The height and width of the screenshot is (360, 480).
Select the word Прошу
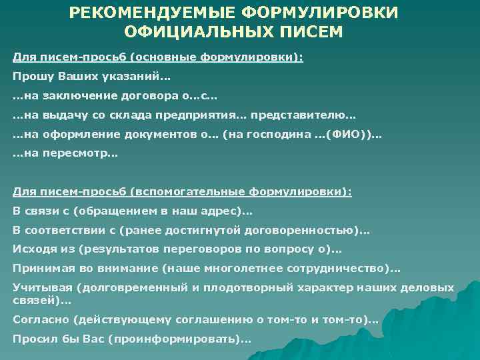coord(31,76)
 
